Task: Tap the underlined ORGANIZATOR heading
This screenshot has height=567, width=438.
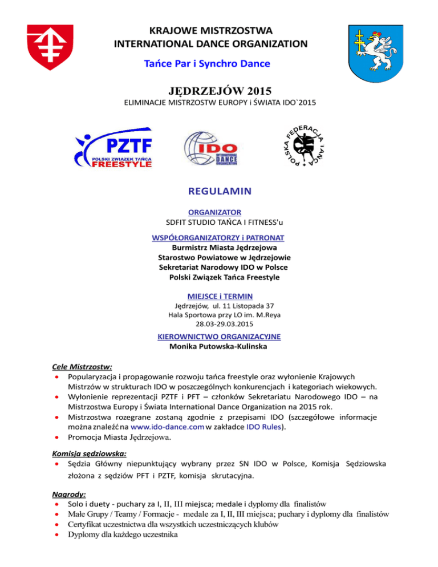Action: click(220, 212)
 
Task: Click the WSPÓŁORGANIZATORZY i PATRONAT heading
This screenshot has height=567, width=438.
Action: click(219, 237)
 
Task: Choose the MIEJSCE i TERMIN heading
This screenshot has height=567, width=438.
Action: click(220, 295)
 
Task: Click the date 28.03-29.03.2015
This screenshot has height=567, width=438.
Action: click(220, 325)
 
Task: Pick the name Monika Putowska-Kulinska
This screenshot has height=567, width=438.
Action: click(220, 346)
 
